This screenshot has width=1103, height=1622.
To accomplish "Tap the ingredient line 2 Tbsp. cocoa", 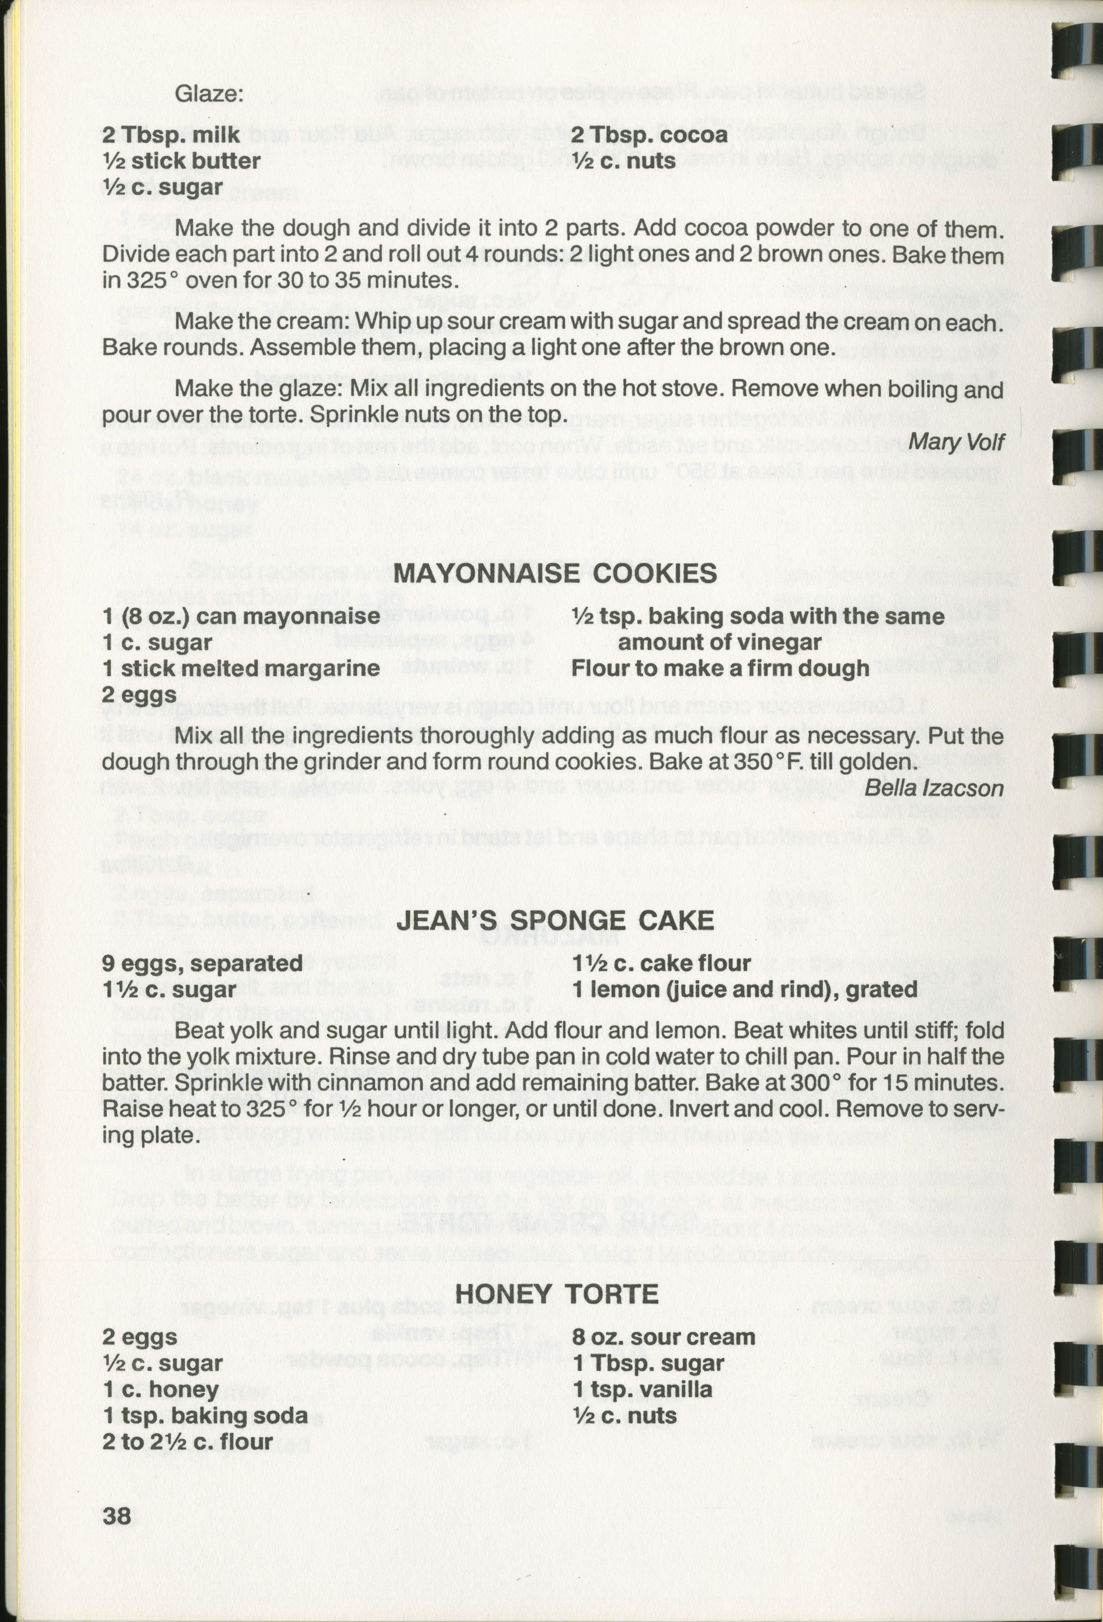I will point(649,134).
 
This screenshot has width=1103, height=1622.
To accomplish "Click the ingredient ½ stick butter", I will point(181,161).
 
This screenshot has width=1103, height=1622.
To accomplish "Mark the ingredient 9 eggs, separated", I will point(203,963).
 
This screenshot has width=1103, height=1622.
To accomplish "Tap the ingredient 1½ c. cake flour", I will point(661,963).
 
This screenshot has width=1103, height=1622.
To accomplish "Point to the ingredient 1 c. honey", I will point(160,1389).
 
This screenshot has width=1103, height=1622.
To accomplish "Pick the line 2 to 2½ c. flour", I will point(187,1441).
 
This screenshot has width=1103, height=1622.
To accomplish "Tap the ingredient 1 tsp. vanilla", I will point(642,1389).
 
